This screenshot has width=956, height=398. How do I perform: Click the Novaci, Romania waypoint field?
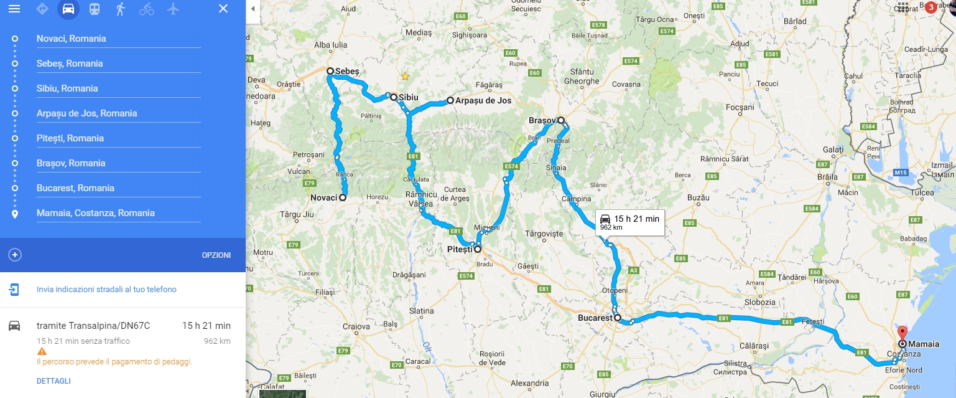pyautogui.click(x=118, y=39)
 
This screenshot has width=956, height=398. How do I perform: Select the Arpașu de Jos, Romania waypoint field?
pyautogui.click(x=118, y=113)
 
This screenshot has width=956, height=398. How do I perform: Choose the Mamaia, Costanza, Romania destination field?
pyautogui.click(x=118, y=213)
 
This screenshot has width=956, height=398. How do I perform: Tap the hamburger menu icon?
pyautogui.click(x=14, y=9)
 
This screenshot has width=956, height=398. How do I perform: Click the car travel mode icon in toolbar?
pyautogui.click(x=68, y=9)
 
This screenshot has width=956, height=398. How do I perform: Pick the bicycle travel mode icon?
pyautogui.click(x=147, y=9)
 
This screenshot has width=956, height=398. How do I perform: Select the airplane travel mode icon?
pyautogui.click(x=173, y=9)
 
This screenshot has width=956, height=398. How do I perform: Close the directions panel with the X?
pyautogui.click(x=223, y=9)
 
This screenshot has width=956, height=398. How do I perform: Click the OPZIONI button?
pyautogui.click(x=216, y=255)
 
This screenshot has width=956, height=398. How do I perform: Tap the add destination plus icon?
pyautogui.click(x=15, y=255)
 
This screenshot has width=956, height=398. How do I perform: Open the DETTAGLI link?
pyautogui.click(x=53, y=381)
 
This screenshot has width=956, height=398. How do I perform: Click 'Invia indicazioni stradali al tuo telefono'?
pyautogui.click(x=106, y=290)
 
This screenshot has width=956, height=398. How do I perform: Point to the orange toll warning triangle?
pyautogui.click(x=42, y=351)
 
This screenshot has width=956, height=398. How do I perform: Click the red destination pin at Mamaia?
pyautogui.click(x=903, y=333)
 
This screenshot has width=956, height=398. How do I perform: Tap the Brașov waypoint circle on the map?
pyautogui.click(x=560, y=120)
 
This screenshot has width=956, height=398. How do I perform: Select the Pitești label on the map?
pyautogui.click(x=460, y=249)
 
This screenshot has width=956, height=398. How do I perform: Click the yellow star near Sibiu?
pyautogui.click(x=405, y=77)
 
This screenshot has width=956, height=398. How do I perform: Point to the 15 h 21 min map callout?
pyautogui.click(x=629, y=222)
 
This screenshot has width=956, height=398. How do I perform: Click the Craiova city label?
pyautogui.click(x=356, y=326)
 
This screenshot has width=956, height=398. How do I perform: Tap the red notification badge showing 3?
pyautogui.click(x=930, y=7)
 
